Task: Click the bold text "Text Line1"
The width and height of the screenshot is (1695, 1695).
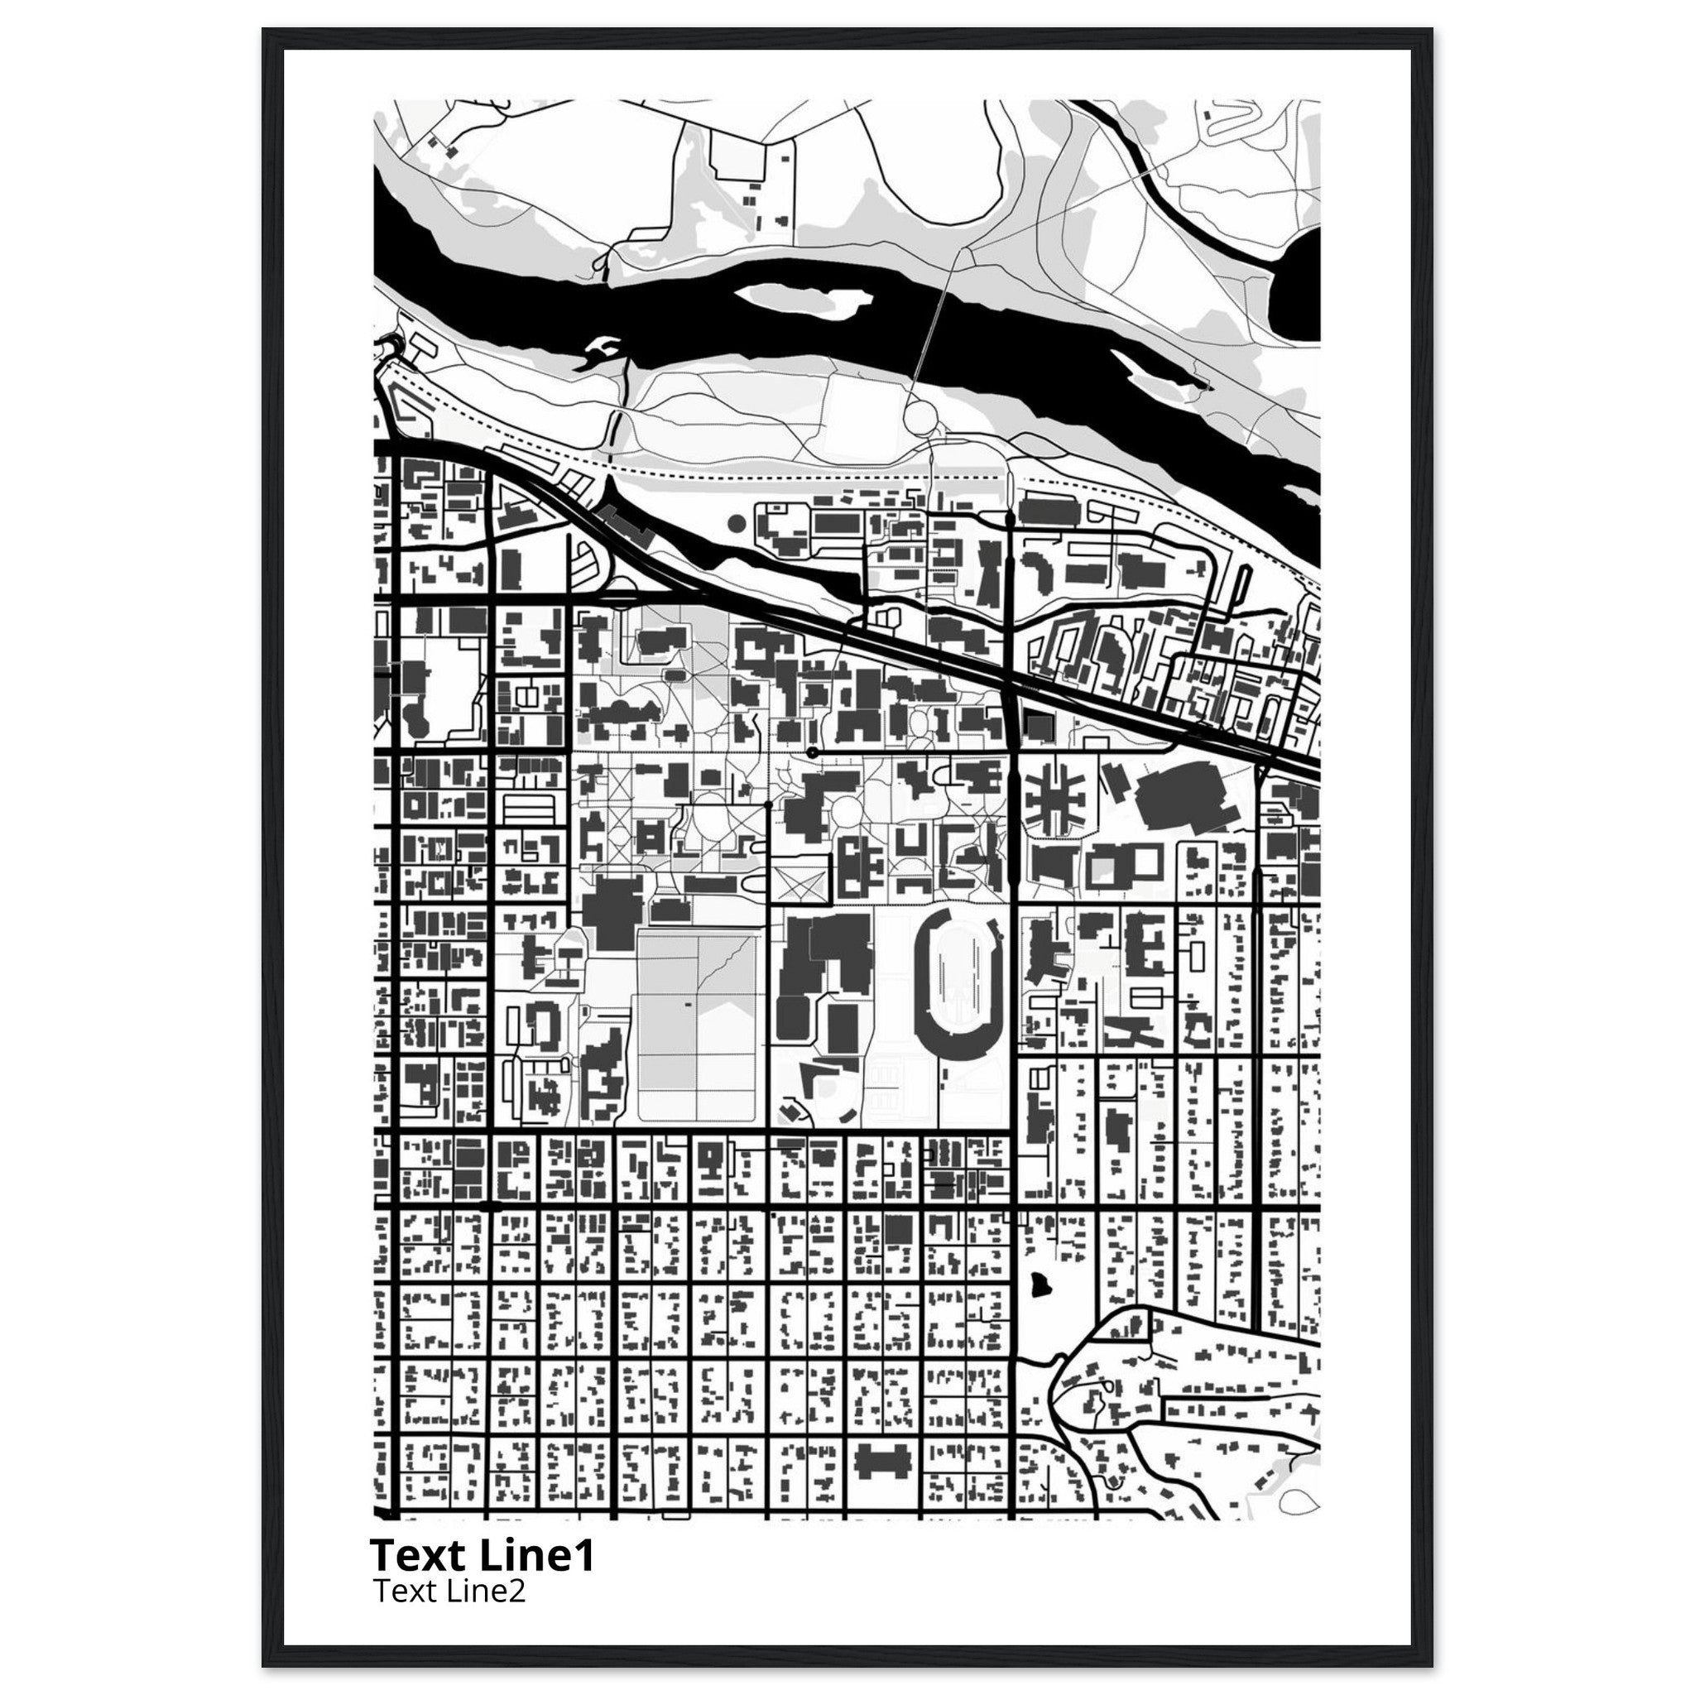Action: (483, 1555)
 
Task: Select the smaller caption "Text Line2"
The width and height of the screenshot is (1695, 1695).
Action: (449, 1590)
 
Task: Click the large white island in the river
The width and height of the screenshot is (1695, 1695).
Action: (794, 303)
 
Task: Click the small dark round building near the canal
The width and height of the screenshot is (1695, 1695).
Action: (736, 524)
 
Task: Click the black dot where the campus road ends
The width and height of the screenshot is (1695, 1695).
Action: (813, 753)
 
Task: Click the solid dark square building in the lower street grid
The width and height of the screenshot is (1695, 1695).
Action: (896, 1229)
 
